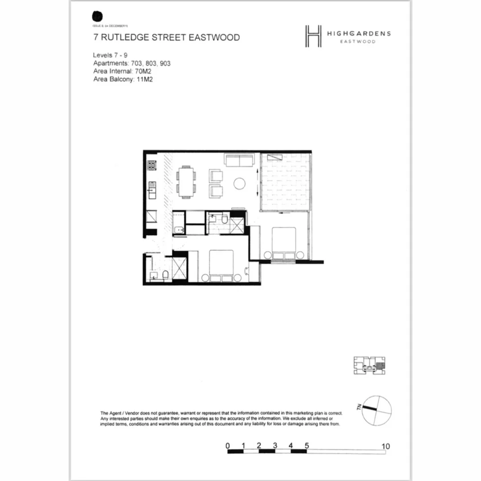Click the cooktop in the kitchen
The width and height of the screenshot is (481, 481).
click(x=151, y=166)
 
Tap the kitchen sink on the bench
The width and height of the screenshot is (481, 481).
click(x=151, y=191)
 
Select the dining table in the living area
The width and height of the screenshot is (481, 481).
click(x=186, y=182)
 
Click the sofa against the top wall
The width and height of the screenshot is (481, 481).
click(x=239, y=160)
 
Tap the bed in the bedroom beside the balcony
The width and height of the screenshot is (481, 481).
click(x=284, y=243)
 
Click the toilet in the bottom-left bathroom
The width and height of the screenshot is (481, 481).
click(x=164, y=276)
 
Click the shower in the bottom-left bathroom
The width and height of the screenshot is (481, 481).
click(x=179, y=268)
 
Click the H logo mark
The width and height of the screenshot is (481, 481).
click(x=313, y=36)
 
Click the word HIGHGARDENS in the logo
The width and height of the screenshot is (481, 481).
click(x=359, y=33)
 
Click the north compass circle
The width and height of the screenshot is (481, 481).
click(x=377, y=410)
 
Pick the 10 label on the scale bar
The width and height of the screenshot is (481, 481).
click(x=386, y=446)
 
